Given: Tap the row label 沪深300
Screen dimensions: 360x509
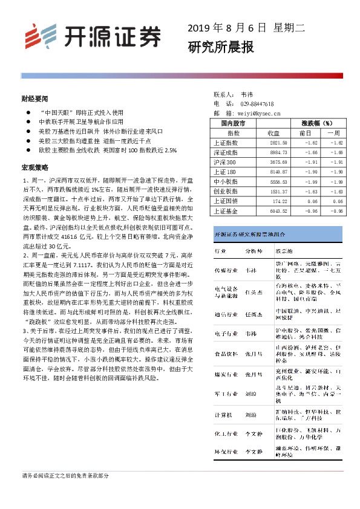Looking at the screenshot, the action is [225, 163].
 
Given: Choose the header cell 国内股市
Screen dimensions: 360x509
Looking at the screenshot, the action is [234, 123].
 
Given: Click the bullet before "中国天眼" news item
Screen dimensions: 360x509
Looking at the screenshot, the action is [26, 113].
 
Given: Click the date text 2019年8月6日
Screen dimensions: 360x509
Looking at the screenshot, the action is [227, 28].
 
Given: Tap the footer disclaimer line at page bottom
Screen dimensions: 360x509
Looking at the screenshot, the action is [65, 476].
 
